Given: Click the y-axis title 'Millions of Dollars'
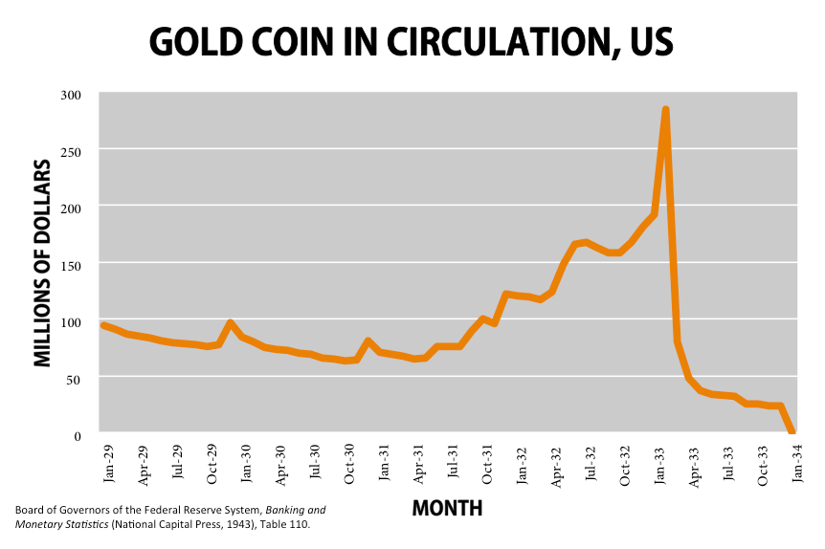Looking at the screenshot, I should click(x=42, y=264).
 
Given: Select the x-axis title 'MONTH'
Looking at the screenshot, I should click(x=447, y=508).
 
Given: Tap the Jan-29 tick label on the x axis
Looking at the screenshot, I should click(x=108, y=461).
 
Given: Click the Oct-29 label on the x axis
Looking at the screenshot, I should click(x=212, y=461).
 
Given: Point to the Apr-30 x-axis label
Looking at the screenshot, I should click(x=280, y=461).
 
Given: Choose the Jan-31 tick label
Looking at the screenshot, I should click(x=384, y=461).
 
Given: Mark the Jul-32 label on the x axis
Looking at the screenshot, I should click(x=591, y=461).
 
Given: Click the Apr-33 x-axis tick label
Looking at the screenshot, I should click(x=694, y=461).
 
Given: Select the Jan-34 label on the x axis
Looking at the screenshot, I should click(x=797, y=461).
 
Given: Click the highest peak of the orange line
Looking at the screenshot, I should click(x=665, y=110).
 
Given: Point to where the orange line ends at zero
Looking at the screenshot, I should click(x=792, y=432).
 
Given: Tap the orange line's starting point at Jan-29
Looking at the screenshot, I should click(x=103, y=325).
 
